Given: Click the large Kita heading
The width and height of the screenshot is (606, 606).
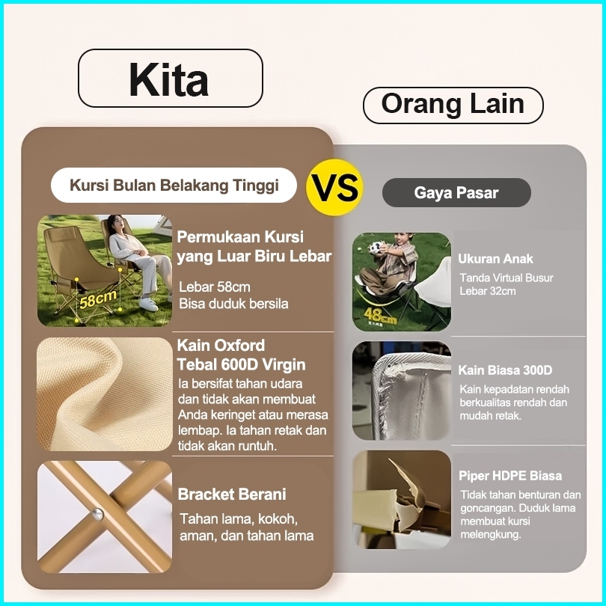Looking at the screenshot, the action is [x=168, y=79].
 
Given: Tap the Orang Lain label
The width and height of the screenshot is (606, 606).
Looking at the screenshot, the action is [x=453, y=104].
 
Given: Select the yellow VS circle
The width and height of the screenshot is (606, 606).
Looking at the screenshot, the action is [x=334, y=188].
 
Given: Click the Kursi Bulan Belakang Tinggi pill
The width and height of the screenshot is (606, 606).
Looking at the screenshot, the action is [x=174, y=185].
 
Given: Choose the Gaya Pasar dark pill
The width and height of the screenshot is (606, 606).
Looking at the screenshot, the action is [x=456, y=192].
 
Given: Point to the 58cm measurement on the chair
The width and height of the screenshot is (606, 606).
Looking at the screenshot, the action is [x=98, y=299].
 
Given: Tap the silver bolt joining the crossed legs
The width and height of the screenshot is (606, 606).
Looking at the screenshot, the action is [x=97, y=514].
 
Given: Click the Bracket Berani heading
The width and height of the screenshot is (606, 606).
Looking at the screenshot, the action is [x=232, y=495].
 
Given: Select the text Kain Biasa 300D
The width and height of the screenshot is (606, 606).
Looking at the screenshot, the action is [x=505, y=370].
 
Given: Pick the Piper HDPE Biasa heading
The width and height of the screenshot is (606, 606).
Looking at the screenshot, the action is [x=510, y=476].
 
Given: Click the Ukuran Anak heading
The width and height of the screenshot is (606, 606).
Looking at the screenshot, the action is [x=495, y=259].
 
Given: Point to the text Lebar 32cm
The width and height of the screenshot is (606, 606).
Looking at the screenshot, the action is [x=487, y=291].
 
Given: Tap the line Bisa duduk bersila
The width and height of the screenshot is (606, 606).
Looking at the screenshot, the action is [x=233, y=304].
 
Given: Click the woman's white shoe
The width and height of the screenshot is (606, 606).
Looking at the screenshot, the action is [x=148, y=304].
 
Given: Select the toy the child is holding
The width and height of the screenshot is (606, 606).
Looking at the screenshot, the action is [x=376, y=247].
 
